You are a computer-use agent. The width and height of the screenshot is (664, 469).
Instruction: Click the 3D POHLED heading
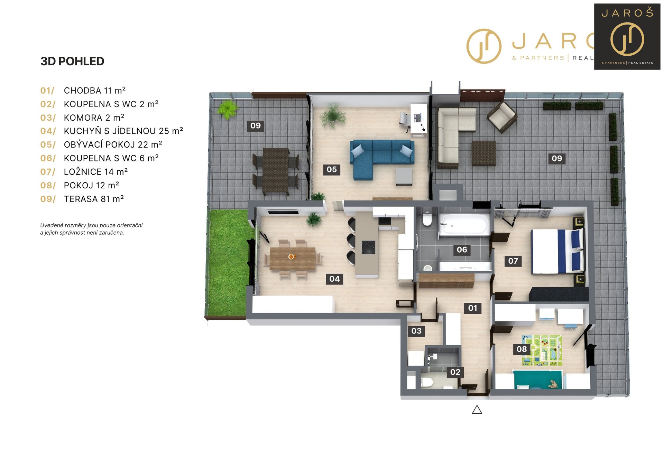click(x=72, y=61)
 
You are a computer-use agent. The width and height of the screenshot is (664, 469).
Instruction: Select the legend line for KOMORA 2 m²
click(x=82, y=118)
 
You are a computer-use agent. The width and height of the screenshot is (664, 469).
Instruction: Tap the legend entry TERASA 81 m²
click(x=82, y=199)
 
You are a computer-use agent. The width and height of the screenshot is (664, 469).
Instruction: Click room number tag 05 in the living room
click(x=332, y=169)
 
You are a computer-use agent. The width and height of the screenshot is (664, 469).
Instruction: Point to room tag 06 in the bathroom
click(x=462, y=250)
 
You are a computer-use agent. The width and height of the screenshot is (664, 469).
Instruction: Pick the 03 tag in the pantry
click(x=416, y=331)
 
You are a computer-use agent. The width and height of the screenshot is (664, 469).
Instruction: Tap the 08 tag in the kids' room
click(x=522, y=349)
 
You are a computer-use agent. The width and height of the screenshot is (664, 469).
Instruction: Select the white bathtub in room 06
click(x=464, y=224)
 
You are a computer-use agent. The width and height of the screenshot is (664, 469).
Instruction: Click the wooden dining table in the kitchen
click(x=293, y=258)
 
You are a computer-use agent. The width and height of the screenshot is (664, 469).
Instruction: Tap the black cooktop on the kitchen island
click(x=368, y=247)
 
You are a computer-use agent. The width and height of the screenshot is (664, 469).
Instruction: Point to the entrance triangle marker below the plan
click(x=477, y=410)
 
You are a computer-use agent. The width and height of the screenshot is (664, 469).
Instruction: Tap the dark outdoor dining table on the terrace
click(x=276, y=170)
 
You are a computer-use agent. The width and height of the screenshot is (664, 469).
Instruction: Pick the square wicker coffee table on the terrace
click(x=484, y=153)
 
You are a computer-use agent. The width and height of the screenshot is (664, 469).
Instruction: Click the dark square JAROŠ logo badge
click(x=627, y=37)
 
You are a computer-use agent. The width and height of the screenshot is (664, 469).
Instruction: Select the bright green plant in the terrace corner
click(x=228, y=109)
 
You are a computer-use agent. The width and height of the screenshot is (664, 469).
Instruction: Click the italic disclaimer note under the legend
click(x=91, y=229)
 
